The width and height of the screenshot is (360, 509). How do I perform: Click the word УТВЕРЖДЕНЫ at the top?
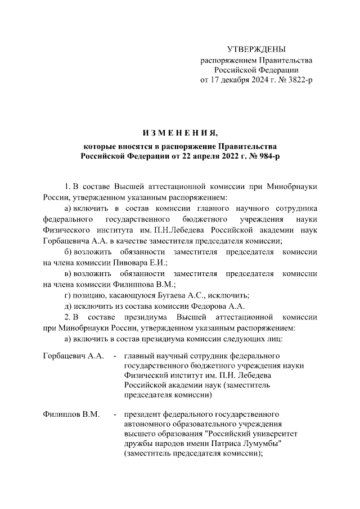point(256,49)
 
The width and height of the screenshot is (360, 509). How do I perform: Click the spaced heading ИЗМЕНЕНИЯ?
point(179,133)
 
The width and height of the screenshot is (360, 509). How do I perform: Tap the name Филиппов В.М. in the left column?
point(71,415)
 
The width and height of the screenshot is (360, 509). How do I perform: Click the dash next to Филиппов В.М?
point(115,415)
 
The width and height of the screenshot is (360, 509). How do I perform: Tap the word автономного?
point(148,425)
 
